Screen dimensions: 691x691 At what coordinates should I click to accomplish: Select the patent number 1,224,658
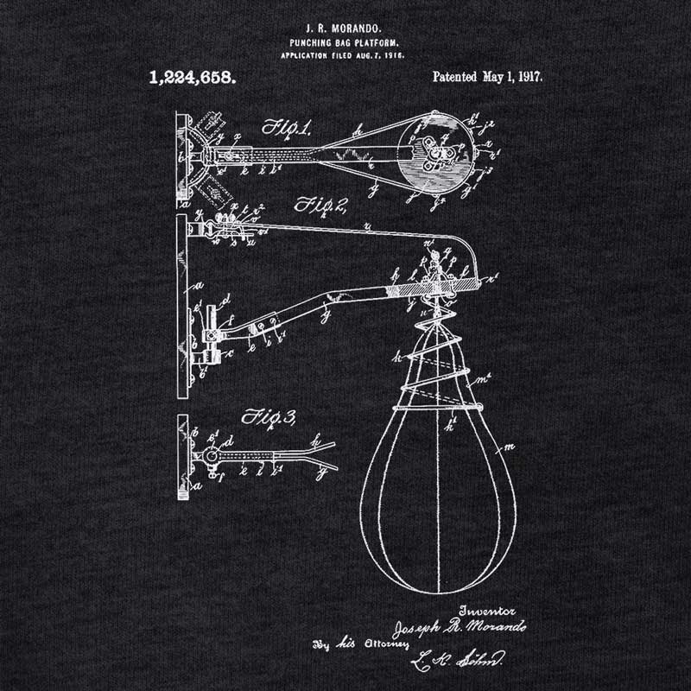[193, 77]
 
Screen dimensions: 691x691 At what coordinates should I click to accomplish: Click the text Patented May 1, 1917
[487, 77]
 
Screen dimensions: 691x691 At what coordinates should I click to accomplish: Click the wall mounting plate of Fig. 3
[182, 458]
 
